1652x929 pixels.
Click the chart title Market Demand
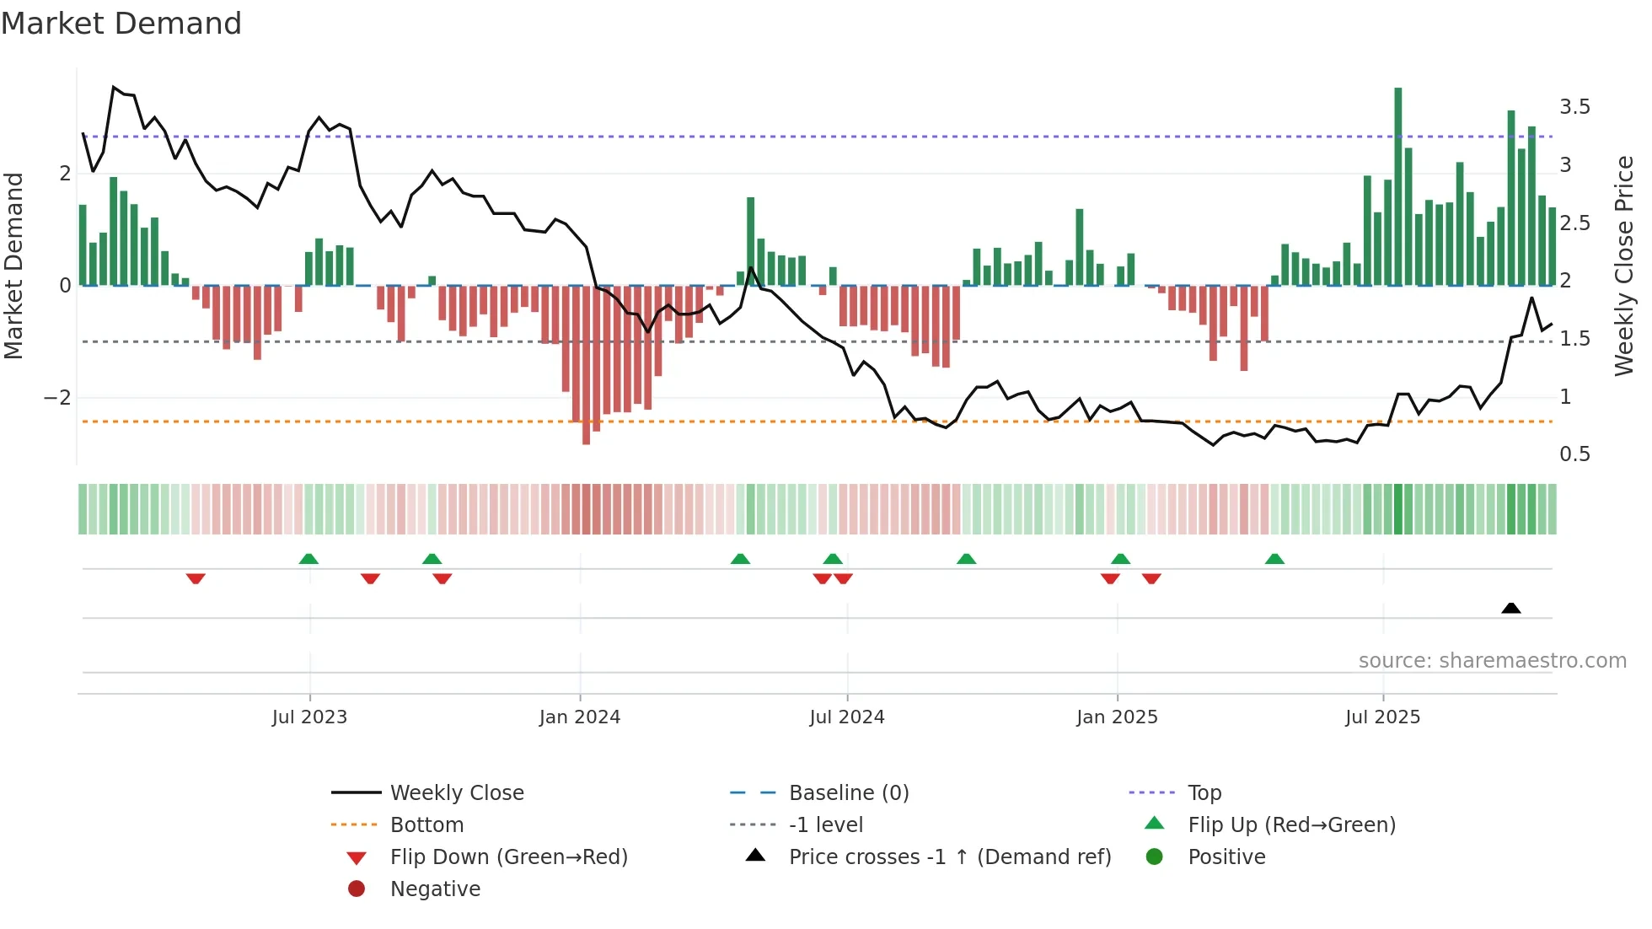[x=121, y=24]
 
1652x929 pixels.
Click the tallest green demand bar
[x=1397, y=185]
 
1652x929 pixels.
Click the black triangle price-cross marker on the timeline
[x=1510, y=608]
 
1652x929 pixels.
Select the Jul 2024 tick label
[x=846, y=717]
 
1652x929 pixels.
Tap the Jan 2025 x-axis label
[x=1116, y=717]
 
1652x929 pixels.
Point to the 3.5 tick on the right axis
[x=1574, y=107]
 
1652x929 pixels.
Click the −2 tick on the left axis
[x=57, y=398]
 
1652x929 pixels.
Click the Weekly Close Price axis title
[x=1623, y=266]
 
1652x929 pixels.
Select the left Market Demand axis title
[x=13, y=266]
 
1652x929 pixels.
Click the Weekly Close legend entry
[x=456, y=793]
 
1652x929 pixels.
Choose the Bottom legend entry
[x=426, y=825]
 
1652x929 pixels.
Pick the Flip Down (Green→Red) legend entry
[x=508, y=857]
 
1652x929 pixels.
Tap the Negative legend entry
[x=435, y=889]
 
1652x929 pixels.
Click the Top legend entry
[x=1204, y=793]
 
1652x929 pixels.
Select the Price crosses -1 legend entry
[x=949, y=857]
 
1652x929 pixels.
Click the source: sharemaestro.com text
[x=1492, y=661]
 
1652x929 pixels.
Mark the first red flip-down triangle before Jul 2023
[x=196, y=579]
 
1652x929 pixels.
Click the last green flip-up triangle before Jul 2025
[x=1274, y=559]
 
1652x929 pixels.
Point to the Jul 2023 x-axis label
[x=309, y=717]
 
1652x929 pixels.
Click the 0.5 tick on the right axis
[x=1574, y=454]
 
